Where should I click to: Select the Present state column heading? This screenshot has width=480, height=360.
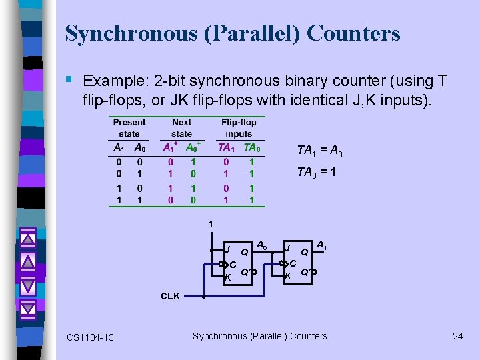(x=129, y=128)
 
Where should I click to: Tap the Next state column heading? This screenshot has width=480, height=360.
(x=181, y=128)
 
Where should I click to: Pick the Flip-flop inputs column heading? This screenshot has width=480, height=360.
(x=239, y=128)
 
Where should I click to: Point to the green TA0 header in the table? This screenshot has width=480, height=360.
(x=252, y=148)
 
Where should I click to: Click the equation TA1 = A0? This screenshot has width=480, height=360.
(x=319, y=151)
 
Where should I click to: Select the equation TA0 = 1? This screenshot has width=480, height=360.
(x=317, y=173)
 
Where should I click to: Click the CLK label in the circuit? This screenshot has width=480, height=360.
(x=170, y=296)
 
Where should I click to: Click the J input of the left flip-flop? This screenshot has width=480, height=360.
(x=227, y=249)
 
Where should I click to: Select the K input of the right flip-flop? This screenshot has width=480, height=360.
(x=288, y=275)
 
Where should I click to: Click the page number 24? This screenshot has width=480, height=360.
(x=457, y=336)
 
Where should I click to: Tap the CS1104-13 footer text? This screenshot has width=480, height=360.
(x=90, y=337)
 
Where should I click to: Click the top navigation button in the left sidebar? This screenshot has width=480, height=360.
(x=27, y=237)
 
